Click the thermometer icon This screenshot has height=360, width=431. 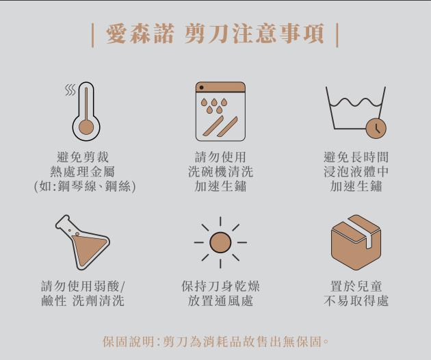click(x=86, y=112)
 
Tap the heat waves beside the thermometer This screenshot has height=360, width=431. click(x=70, y=90)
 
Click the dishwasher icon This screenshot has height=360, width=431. click(x=220, y=112)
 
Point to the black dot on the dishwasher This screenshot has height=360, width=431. click(x=202, y=88)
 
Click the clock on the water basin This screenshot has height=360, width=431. click(x=376, y=129)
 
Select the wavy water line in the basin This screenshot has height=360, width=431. click(x=356, y=102)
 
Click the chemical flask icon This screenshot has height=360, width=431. click(x=82, y=242)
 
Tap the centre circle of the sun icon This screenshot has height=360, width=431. click(x=220, y=242)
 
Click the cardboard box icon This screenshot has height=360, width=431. click(x=356, y=242)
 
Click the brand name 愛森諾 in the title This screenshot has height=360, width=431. click(x=140, y=34)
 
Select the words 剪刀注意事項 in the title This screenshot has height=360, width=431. click(x=254, y=34)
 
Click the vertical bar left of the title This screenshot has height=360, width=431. click(x=92, y=36)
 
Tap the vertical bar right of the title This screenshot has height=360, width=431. click(x=337, y=36)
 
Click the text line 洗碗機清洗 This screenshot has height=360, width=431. click(x=220, y=172)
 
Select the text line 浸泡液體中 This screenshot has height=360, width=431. click(x=356, y=172)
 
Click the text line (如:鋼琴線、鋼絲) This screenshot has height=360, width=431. click(x=85, y=186)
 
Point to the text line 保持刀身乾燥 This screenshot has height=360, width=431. click(x=220, y=286)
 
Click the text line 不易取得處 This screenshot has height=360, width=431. click(x=356, y=300)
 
